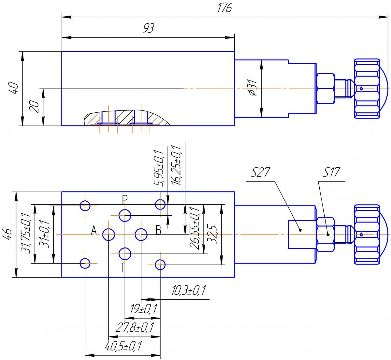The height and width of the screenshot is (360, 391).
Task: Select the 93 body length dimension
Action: (x=149, y=28)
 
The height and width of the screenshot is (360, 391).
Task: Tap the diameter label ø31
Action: (x=253, y=88)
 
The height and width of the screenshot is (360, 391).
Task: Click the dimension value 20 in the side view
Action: (x=35, y=107)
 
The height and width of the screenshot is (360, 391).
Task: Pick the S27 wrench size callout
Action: (x=260, y=172)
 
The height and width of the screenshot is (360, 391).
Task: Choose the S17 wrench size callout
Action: (x=331, y=172)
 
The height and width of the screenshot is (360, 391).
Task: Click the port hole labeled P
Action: (x=125, y=215)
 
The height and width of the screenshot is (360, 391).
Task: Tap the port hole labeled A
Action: (x=109, y=235)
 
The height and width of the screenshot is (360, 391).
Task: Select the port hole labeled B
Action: (x=141, y=235)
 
